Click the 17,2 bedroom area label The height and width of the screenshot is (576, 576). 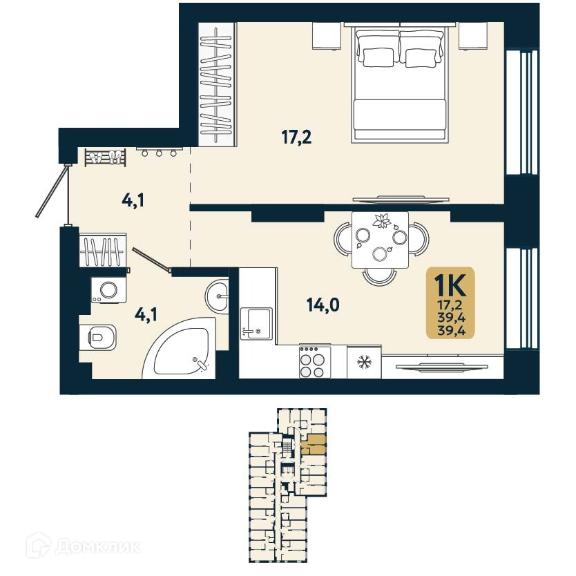pyautogui.click(x=296, y=137)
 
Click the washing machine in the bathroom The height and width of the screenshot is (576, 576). pyautogui.click(x=108, y=289)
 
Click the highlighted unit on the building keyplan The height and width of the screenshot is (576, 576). pyautogui.click(x=316, y=443)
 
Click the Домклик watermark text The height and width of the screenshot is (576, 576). pyautogui.click(x=96, y=548)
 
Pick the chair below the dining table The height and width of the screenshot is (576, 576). pyautogui.click(x=379, y=276)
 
